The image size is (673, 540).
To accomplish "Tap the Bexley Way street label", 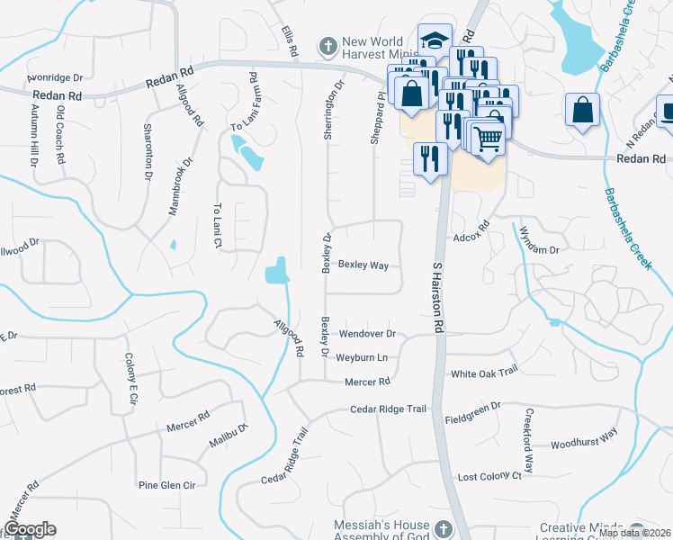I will (x=363, y=265).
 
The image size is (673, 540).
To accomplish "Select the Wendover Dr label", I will (x=367, y=334).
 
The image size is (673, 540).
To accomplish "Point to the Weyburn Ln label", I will (x=362, y=357).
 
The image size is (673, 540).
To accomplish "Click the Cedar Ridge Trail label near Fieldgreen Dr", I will (x=388, y=409).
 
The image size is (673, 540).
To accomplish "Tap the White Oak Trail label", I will (x=485, y=372).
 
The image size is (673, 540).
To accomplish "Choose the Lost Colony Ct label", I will (x=489, y=476).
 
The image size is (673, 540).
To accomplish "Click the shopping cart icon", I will (x=487, y=138).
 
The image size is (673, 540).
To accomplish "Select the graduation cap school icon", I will (x=435, y=40).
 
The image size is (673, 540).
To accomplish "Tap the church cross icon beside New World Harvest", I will (x=329, y=45).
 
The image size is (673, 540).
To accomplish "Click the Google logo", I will (x=30, y=528).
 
